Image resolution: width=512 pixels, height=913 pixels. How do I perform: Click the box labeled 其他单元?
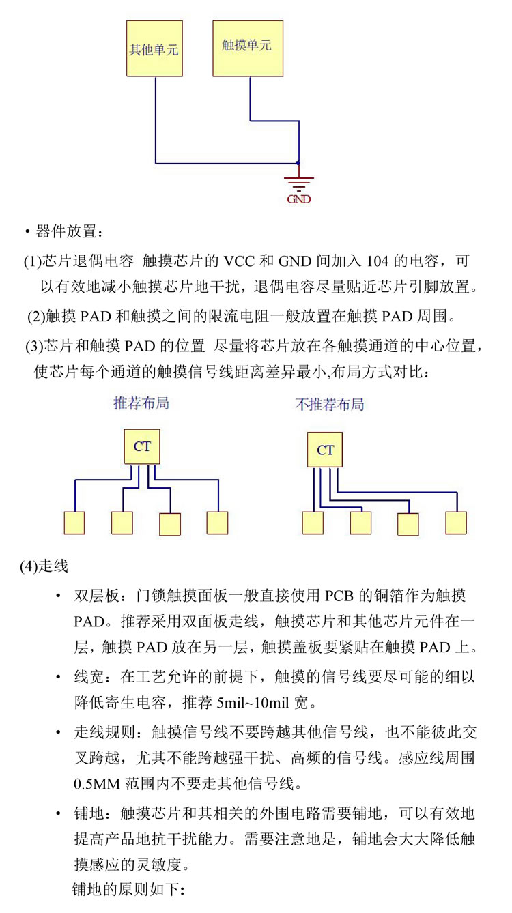(154, 48)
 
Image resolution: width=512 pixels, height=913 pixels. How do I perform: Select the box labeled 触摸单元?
(248, 48)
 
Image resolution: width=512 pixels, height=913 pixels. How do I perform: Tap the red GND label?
(299, 199)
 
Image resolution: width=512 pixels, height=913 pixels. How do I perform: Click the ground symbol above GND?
(299, 184)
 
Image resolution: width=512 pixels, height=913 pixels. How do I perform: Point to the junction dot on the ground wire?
(298, 163)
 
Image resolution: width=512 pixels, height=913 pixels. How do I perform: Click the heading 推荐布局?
(141, 403)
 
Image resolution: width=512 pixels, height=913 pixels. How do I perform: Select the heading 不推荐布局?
(330, 405)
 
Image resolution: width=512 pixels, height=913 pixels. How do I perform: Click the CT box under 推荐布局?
(142, 447)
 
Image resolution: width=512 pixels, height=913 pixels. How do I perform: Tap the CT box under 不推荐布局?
(325, 450)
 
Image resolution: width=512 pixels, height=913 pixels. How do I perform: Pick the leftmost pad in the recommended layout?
(74, 523)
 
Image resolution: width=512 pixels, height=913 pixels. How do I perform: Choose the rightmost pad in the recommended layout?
(217, 523)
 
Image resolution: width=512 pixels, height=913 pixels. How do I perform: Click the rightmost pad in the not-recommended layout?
(456, 523)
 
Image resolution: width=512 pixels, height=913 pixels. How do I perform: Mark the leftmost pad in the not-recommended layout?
(313, 523)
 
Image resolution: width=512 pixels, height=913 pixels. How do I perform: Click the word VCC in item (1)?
(240, 261)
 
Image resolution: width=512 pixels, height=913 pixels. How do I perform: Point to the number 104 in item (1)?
(378, 261)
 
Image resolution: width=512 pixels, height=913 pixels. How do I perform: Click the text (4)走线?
(44, 566)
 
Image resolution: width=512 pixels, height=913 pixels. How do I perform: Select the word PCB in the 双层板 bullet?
(339, 596)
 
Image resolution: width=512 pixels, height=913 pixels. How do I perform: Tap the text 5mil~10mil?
(253, 703)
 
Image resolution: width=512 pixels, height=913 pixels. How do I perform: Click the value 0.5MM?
(97, 784)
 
